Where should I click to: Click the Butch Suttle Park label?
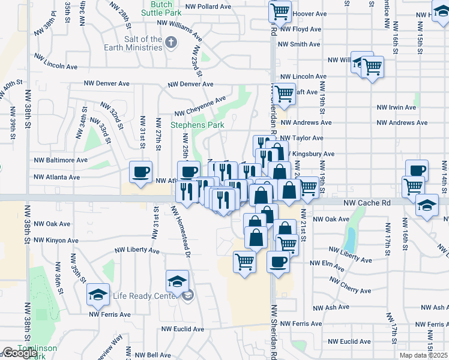161,7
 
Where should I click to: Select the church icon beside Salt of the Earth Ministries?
172,41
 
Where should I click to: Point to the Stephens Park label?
197,125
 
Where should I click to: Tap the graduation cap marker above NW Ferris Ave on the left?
98,295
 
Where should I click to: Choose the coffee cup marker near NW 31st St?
141,173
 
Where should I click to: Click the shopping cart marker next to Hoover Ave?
280,11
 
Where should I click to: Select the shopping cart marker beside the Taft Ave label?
283,94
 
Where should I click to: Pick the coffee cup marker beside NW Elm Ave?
278,262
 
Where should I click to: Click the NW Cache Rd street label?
367,203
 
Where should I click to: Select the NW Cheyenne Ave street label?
200,107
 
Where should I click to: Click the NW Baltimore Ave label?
61,160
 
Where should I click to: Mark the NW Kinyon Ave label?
56,240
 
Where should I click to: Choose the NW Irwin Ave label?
396,107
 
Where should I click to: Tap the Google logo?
19,353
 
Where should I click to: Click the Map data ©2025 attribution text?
423,355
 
